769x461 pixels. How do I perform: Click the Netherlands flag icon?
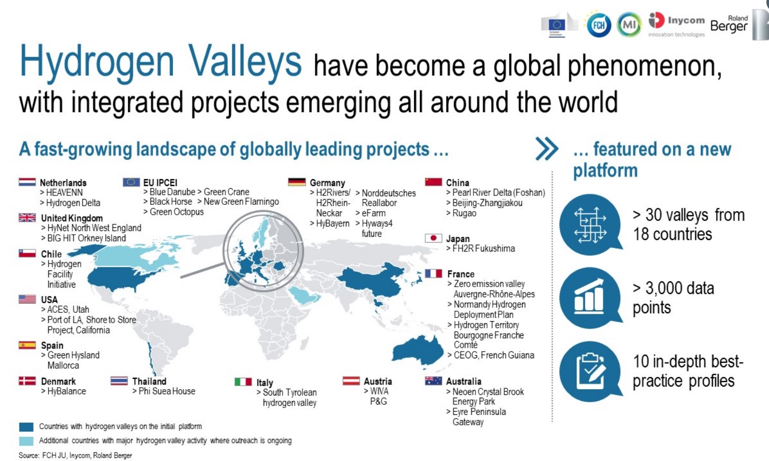[x=27, y=182]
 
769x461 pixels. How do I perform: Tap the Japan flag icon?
[x=433, y=238]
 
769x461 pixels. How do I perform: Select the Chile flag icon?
[x=27, y=253]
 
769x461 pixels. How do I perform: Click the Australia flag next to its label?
[x=433, y=381]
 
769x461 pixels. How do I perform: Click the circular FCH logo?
[x=599, y=25]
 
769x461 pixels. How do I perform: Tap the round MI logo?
[x=629, y=25]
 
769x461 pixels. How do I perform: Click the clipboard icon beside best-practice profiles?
[x=590, y=371]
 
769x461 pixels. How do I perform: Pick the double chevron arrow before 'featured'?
[x=547, y=149]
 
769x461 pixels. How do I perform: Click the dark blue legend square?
[x=26, y=427]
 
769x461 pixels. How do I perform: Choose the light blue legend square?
[x=26, y=441]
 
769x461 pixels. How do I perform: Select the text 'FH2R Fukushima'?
[x=483, y=248]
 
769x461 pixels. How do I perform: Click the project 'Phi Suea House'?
[x=167, y=391]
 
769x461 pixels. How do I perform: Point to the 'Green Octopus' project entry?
[x=177, y=212]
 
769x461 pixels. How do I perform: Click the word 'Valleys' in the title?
[x=245, y=62]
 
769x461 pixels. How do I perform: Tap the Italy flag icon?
[x=243, y=381]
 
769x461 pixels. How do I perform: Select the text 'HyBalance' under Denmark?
[x=67, y=391]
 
